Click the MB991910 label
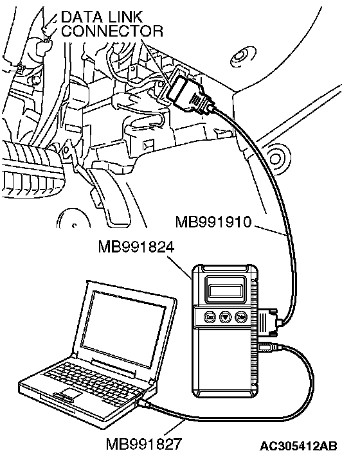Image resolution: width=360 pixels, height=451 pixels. click(x=213, y=222)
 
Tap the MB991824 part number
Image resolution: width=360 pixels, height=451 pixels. click(x=136, y=247)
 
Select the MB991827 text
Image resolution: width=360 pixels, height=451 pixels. click(x=144, y=444)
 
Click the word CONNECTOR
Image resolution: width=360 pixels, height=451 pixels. click(x=113, y=31)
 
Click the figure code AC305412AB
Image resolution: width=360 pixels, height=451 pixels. click(x=298, y=446)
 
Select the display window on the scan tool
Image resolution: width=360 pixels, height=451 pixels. click(x=226, y=291)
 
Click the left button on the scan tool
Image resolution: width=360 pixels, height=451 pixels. click(x=210, y=317)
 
